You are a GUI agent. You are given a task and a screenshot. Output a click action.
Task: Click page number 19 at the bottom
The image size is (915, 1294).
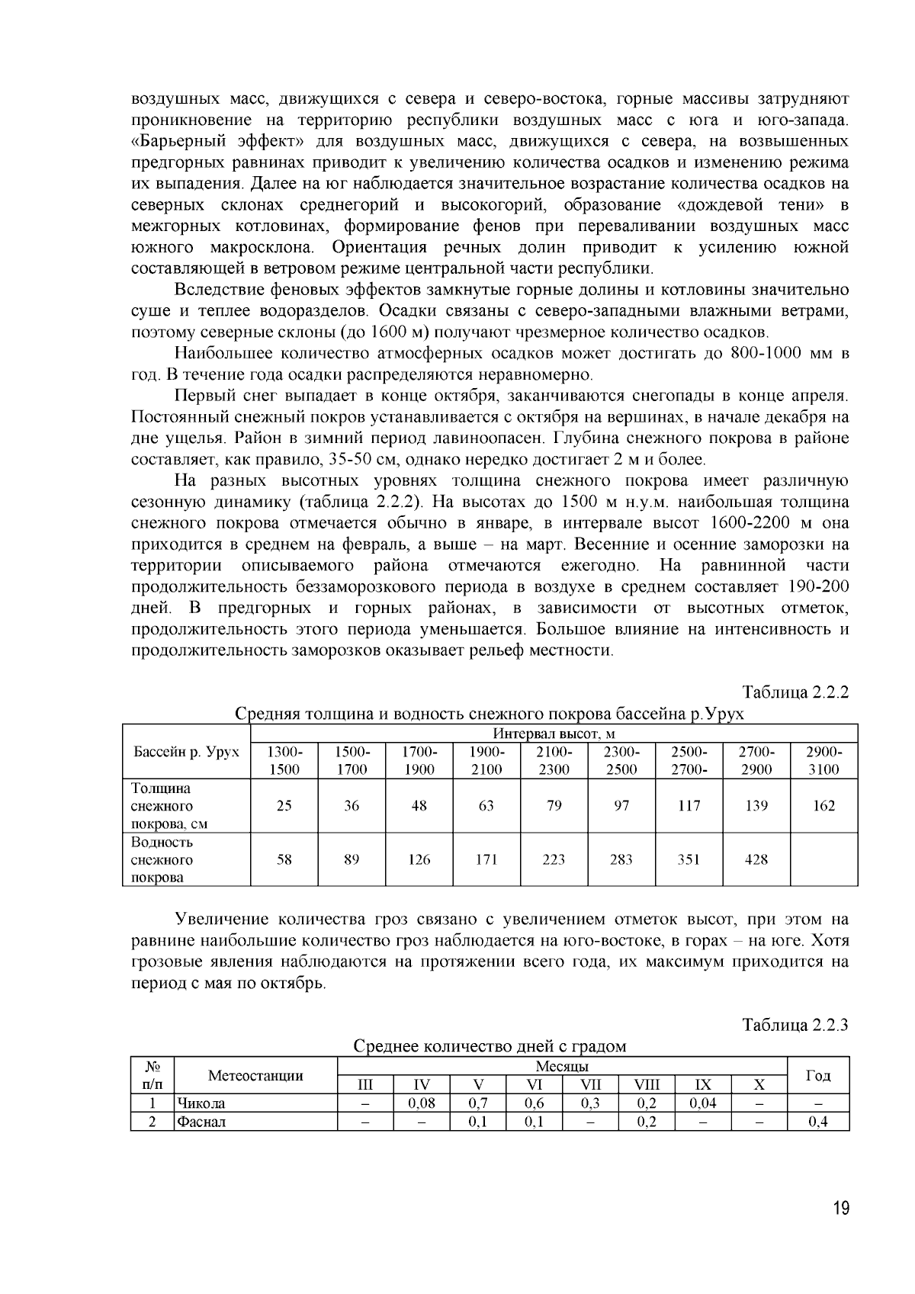click(840, 1209)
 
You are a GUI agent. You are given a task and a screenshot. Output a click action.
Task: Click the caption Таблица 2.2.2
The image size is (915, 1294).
click(795, 692)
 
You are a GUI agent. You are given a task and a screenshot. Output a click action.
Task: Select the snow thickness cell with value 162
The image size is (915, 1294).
click(823, 805)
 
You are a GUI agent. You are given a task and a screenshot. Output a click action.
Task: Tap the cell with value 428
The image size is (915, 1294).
click(756, 859)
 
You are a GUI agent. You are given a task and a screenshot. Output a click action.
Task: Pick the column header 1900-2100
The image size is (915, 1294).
click(486, 760)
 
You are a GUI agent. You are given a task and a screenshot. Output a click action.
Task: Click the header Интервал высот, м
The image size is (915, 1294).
click(554, 734)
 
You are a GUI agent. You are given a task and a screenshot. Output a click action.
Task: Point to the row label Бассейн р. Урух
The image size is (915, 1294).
click(187, 752)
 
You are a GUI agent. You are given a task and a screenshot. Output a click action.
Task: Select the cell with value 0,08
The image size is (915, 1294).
click(422, 1103)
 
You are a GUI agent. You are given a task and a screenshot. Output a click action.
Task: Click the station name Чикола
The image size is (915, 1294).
click(201, 1103)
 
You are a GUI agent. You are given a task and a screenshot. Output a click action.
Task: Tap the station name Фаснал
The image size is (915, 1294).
click(201, 1122)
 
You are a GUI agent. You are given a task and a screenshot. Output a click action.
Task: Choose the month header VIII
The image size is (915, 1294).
click(646, 1085)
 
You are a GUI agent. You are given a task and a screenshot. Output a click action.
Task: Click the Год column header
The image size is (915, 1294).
click(817, 1076)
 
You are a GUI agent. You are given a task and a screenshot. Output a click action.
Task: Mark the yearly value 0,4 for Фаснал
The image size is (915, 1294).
click(817, 1122)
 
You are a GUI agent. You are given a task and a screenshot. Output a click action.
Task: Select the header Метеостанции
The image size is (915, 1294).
click(255, 1076)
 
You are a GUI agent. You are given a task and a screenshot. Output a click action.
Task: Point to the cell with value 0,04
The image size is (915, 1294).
click(703, 1103)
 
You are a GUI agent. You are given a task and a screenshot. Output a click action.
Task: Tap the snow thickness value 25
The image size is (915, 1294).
click(284, 805)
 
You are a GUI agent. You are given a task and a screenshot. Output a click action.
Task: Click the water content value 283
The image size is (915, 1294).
click(621, 859)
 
